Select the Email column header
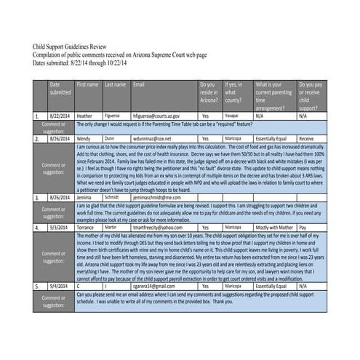click(138, 85)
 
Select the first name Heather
click(84, 116)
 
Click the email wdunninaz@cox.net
click(152, 137)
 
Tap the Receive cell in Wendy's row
click(306, 137)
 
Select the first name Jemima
click(85, 197)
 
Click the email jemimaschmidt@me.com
click(156, 197)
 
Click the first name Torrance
click(86, 228)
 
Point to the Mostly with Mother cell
click(273, 228)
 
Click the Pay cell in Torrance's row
click(303, 228)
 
